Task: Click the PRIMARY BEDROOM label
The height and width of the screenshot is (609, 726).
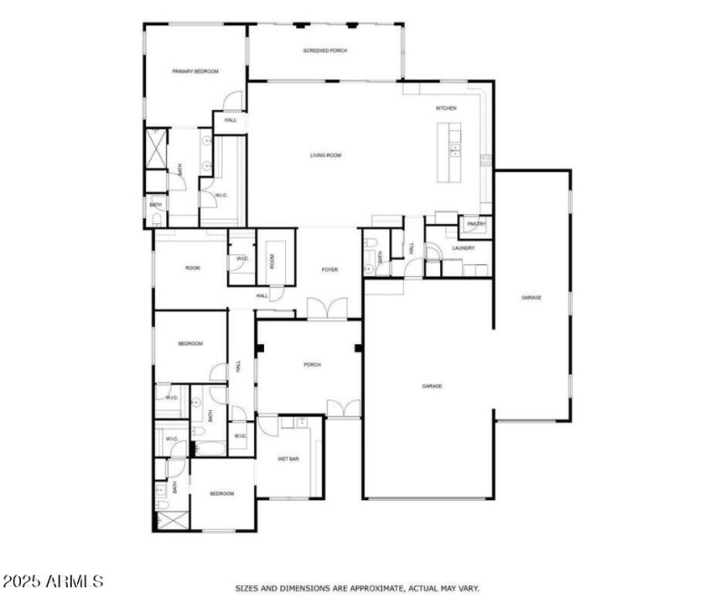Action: point(195,71)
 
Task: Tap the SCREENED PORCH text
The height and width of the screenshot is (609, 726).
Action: point(325,51)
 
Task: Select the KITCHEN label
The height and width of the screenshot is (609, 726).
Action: point(446,108)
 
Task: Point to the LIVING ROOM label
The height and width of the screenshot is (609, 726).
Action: point(326,155)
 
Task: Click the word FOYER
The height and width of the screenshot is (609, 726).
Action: point(330,270)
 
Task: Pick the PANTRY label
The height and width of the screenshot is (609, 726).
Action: point(476,224)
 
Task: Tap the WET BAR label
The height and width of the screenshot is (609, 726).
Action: point(289,459)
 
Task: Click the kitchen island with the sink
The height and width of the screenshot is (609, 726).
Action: point(451,151)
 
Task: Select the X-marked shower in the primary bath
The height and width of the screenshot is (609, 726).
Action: point(157,148)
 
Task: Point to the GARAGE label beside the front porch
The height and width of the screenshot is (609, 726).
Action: point(432,386)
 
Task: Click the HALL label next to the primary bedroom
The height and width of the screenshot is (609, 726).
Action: point(231,120)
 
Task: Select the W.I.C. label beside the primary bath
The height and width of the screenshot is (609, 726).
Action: point(221,195)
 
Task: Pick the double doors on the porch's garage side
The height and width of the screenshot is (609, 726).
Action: point(344,409)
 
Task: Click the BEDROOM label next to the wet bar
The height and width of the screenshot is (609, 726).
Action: point(221,493)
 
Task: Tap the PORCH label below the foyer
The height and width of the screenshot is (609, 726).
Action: point(311,365)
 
